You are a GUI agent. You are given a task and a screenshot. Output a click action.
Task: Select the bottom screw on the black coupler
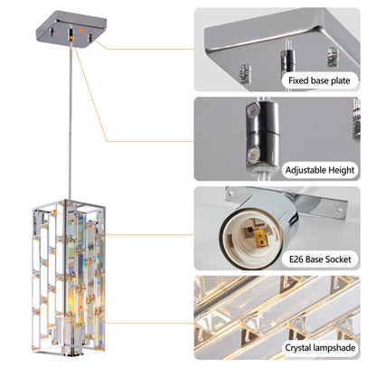point(247,136)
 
